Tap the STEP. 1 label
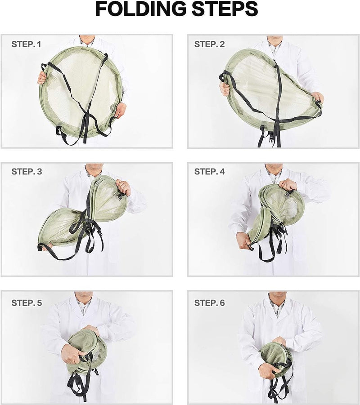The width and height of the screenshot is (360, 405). click(x=26, y=45)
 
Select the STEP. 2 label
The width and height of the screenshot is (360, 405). click(x=209, y=45)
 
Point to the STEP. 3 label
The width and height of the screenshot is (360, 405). click(x=27, y=171)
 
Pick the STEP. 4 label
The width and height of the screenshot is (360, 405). click(x=209, y=171)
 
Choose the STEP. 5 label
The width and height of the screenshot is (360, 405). click(x=27, y=303)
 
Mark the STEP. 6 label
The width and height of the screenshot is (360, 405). click(x=209, y=303)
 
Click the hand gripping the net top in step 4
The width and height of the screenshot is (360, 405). click(x=288, y=184)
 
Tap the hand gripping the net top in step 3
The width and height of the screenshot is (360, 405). click(x=123, y=187)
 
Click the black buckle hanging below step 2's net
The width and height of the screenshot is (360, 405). click(x=270, y=136)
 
